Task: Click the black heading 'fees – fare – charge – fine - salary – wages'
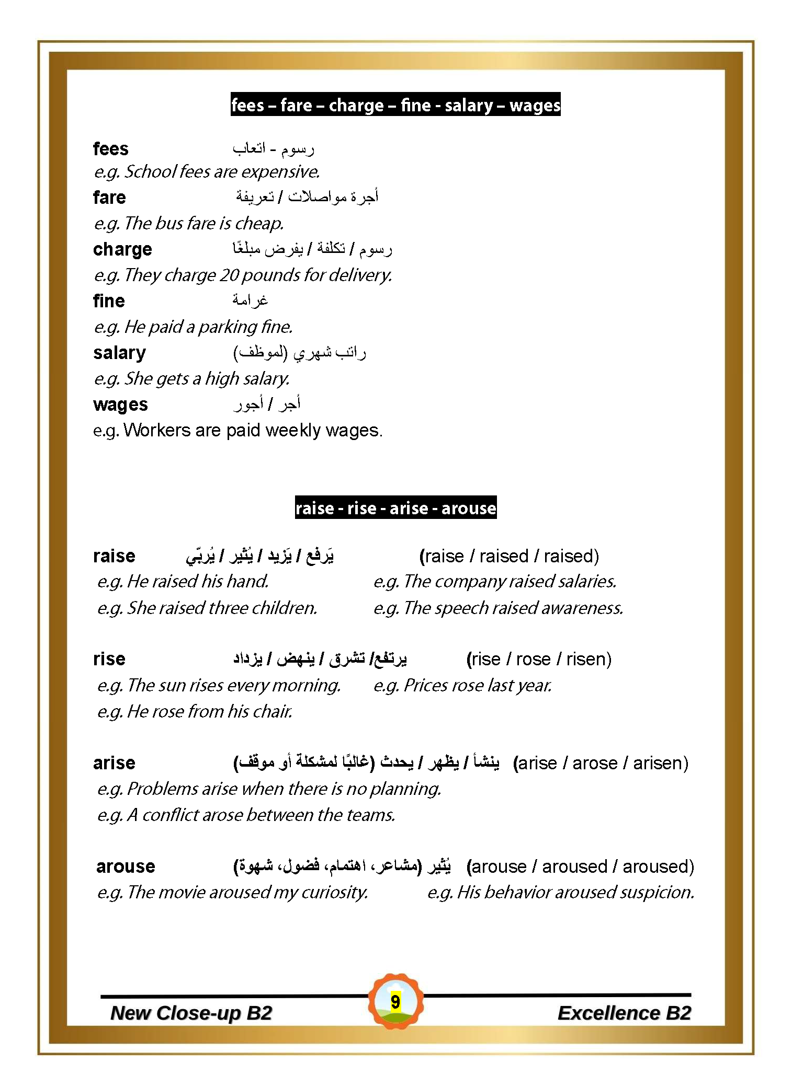click(395, 105)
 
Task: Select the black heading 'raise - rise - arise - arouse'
click(395, 508)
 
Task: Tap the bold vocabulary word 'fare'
click(109, 198)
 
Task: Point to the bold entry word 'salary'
click(119, 353)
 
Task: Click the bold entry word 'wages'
click(120, 404)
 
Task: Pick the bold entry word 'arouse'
click(126, 866)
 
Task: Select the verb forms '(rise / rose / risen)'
click(539, 659)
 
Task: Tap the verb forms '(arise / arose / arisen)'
click(601, 763)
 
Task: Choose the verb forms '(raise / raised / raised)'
click(509, 556)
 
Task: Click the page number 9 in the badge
click(395, 1002)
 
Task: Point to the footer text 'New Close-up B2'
click(191, 1013)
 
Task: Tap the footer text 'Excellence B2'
click(624, 1013)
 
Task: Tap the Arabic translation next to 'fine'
click(250, 300)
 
